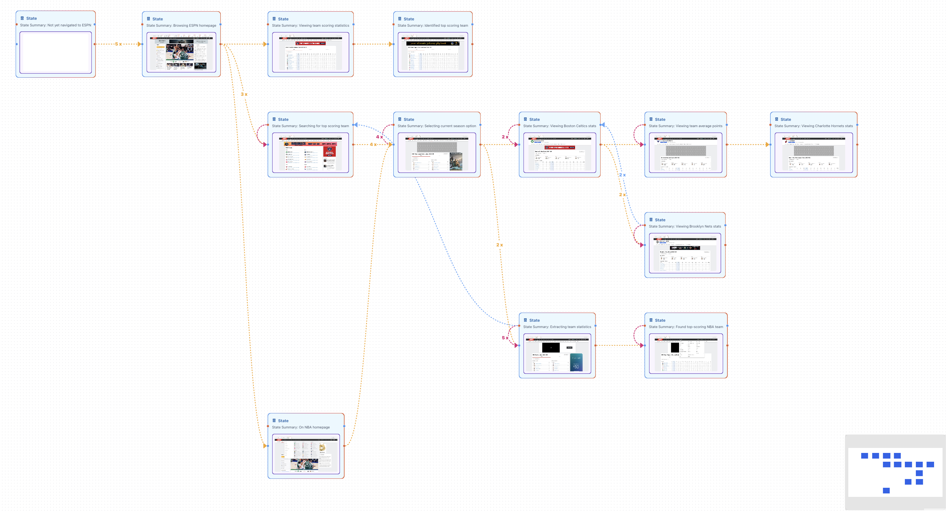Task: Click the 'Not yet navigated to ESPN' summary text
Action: (x=56, y=25)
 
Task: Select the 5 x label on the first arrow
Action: (x=118, y=44)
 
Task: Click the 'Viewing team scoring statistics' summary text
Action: (x=310, y=26)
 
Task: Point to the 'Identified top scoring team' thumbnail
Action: (x=432, y=52)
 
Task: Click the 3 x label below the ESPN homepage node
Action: (x=244, y=94)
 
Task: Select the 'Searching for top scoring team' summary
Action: (x=310, y=126)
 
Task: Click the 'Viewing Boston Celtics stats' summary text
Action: (x=559, y=126)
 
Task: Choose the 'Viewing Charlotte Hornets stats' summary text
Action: (x=813, y=126)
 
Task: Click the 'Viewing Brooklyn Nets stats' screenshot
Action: (x=684, y=253)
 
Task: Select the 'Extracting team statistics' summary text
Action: (x=557, y=327)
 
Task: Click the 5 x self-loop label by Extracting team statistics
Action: (x=505, y=338)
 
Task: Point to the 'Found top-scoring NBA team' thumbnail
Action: (x=686, y=353)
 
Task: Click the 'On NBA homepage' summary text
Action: (x=301, y=427)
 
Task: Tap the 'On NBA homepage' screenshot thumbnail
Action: (x=306, y=454)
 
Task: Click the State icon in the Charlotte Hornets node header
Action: (x=776, y=119)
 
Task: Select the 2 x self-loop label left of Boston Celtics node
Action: (x=505, y=137)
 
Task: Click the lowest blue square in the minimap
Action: (x=886, y=491)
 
